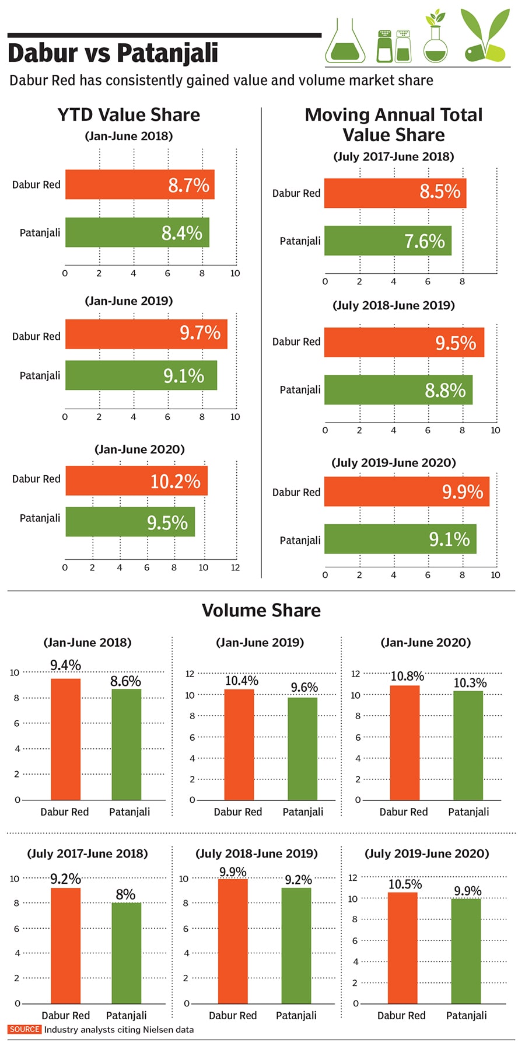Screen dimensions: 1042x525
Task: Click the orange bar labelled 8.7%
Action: pyautogui.click(x=140, y=184)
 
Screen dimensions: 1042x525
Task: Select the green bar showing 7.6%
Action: pyautogui.click(x=388, y=241)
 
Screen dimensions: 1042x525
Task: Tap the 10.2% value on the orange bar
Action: pyautogui.click(x=175, y=481)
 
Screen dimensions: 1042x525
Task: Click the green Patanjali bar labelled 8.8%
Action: pyautogui.click(x=398, y=390)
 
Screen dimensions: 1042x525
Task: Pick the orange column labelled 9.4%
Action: pyautogui.click(x=65, y=738)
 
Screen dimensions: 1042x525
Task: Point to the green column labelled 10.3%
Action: pyautogui.click(x=468, y=745)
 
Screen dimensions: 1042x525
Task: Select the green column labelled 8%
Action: pyautogui.click(x=126, y=953)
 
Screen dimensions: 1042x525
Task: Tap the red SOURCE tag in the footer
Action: pyautogui.click(x=24, y=1029)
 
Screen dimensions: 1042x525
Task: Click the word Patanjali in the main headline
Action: pyautogui.click(x=167, y=53)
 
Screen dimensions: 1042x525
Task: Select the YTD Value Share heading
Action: pyautogui.click(x=128, y=114)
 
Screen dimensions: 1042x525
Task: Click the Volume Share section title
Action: pyautogui.click(x=261, y=610)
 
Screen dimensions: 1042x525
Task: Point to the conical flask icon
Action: pyautogui.click(x=345, y=41)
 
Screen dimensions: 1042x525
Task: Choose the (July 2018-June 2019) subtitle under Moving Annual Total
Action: pyautogui.click(x=394, y=305)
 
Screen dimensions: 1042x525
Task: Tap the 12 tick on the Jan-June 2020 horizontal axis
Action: pyautogui.click(x=235, y=567)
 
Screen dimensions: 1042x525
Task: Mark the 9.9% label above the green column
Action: pyautogui.click(x=468, y=891)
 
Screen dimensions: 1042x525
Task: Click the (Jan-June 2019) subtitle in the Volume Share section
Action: pyautogui.click(x=260, y=642)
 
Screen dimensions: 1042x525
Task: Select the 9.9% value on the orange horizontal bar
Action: pyautogui.click(x=462, y=492)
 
